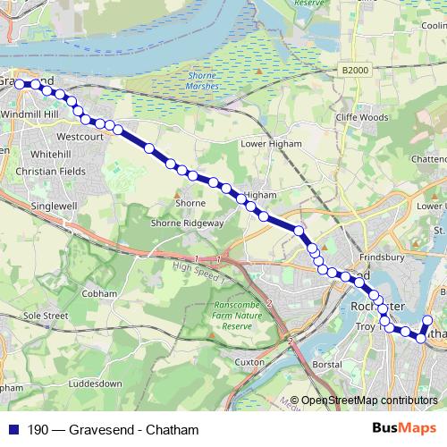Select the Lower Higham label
click(272, 143)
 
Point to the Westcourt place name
click(76, 137)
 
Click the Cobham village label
click(98, 293)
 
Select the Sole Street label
click(46, 316)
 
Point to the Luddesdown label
click(94, 383)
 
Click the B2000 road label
click(355, 69)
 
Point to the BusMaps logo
click(405, 429)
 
